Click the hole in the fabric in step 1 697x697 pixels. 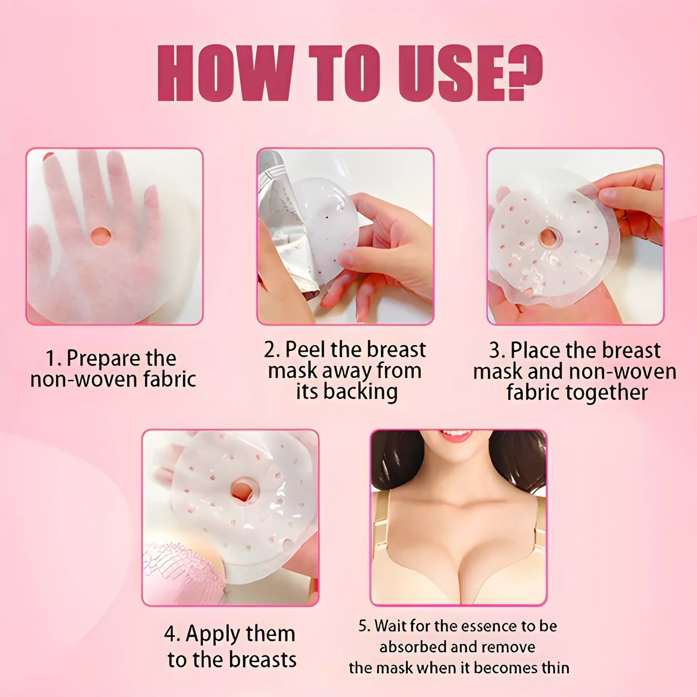click(x=101, y=236)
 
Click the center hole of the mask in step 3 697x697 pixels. click(x=548, y=237)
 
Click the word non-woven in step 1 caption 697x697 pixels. click(x=84, y=380)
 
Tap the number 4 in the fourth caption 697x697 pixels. click(x=170, y=634)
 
